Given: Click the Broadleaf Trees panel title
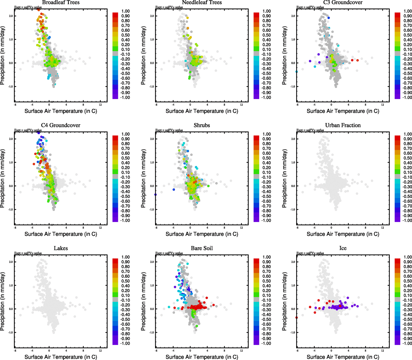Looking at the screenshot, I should click(61, 2).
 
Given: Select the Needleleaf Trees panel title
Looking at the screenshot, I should click(202, 2).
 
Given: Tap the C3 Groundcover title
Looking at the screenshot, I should click(343, 2).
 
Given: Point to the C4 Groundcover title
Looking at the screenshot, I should click(61, 125).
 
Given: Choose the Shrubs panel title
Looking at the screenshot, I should click(202, 125).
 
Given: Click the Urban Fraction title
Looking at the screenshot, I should click(343, 125).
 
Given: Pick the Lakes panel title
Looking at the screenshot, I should click(61, 248).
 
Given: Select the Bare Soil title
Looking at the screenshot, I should click(202, 248).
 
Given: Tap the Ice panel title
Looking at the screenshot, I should click(343, 248).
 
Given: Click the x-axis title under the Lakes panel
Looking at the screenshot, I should click(61, 357).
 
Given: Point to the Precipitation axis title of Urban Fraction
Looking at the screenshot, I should click(284, 178).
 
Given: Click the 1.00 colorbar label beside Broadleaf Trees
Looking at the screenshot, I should click(125, 11).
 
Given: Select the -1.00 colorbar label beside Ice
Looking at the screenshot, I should click(407, 343).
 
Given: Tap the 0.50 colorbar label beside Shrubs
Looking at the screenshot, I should click(267, 158).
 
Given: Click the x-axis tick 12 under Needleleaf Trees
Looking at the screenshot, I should click(242, 105).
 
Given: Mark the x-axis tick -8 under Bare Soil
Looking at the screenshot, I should click(156, 351).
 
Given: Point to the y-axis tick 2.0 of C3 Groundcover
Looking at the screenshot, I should click(293, 16).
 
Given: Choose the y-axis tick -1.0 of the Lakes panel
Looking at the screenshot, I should click(11, 332).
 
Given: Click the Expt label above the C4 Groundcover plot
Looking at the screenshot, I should click(28, 130).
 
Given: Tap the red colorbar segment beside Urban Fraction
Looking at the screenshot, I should click(397, 138).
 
